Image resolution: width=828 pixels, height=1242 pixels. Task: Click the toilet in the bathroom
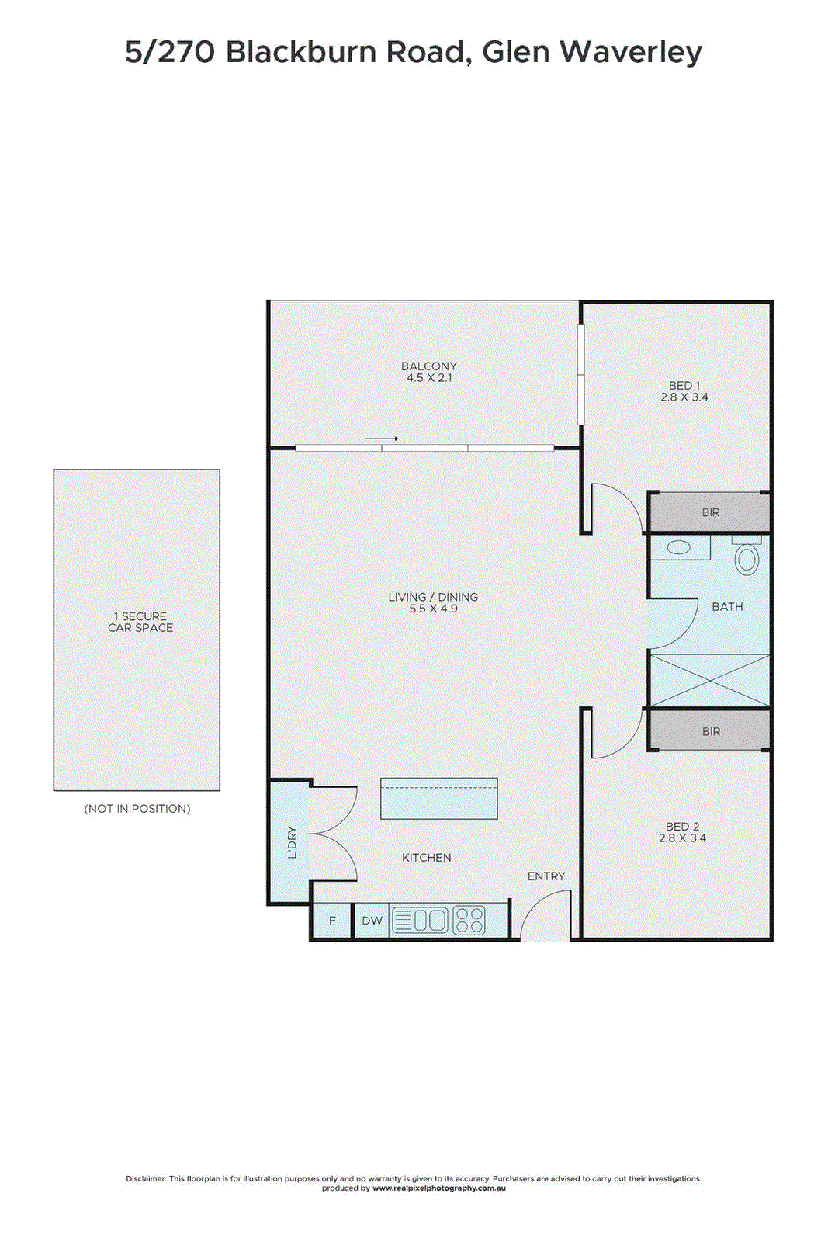(747, 558)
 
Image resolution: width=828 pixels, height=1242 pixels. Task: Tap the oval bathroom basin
(679, 547)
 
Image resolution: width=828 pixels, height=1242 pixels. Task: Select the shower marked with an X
(709, 681)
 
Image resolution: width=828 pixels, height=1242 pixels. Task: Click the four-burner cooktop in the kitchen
(469, 921)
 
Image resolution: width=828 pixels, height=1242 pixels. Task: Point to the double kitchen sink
(430, 921)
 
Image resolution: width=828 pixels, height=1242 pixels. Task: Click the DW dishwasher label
(372, 921)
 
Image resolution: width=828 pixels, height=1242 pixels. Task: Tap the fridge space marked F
(332, 921)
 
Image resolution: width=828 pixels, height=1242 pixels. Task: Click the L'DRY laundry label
(292, 842)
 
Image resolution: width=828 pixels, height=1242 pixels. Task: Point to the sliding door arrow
(381, 439)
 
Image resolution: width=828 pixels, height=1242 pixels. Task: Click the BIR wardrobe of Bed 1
(710, 512)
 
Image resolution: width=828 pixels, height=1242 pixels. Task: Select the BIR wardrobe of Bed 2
(710, 731)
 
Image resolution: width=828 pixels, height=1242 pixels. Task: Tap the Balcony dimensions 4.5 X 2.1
(429, 378)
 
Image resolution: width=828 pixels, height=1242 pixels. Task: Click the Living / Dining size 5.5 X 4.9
(433, 609)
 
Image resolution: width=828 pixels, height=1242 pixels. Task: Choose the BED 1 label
(684, 385)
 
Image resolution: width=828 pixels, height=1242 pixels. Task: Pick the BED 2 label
(682, 827)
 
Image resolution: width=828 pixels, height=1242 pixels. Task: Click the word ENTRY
(546, 876)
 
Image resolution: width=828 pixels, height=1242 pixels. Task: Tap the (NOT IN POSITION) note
(137, 809)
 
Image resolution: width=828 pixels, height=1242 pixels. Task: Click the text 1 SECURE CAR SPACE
(140, 622)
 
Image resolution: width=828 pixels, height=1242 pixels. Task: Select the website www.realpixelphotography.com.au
(439, 1188)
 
